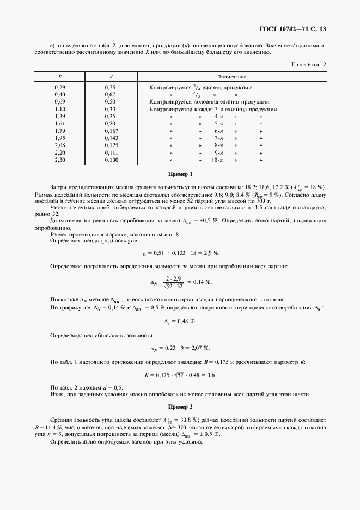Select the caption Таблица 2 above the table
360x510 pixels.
[x=308, y=65]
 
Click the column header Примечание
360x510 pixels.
[x=232, y=77]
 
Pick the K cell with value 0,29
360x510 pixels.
[x=60, y=87]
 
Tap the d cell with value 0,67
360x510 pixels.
[x=110, y=94]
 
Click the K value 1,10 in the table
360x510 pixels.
[x=60, y=109]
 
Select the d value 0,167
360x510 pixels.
[x=111, y=131]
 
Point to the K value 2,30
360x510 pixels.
[x=60, y=160]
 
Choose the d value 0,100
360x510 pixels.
[x=111, y=160]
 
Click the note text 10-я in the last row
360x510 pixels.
[x=218, y=160]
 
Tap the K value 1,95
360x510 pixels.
[x=60, y=138]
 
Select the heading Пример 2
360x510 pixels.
[x=180, y=406]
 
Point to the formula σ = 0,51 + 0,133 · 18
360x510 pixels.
[x=180, y=253]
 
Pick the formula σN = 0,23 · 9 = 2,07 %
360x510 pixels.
[x=180, y=348]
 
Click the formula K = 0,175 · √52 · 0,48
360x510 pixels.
[x=180, y=375]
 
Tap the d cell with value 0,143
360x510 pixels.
[x=111, y=138]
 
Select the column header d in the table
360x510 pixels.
[x=111, y=77]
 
